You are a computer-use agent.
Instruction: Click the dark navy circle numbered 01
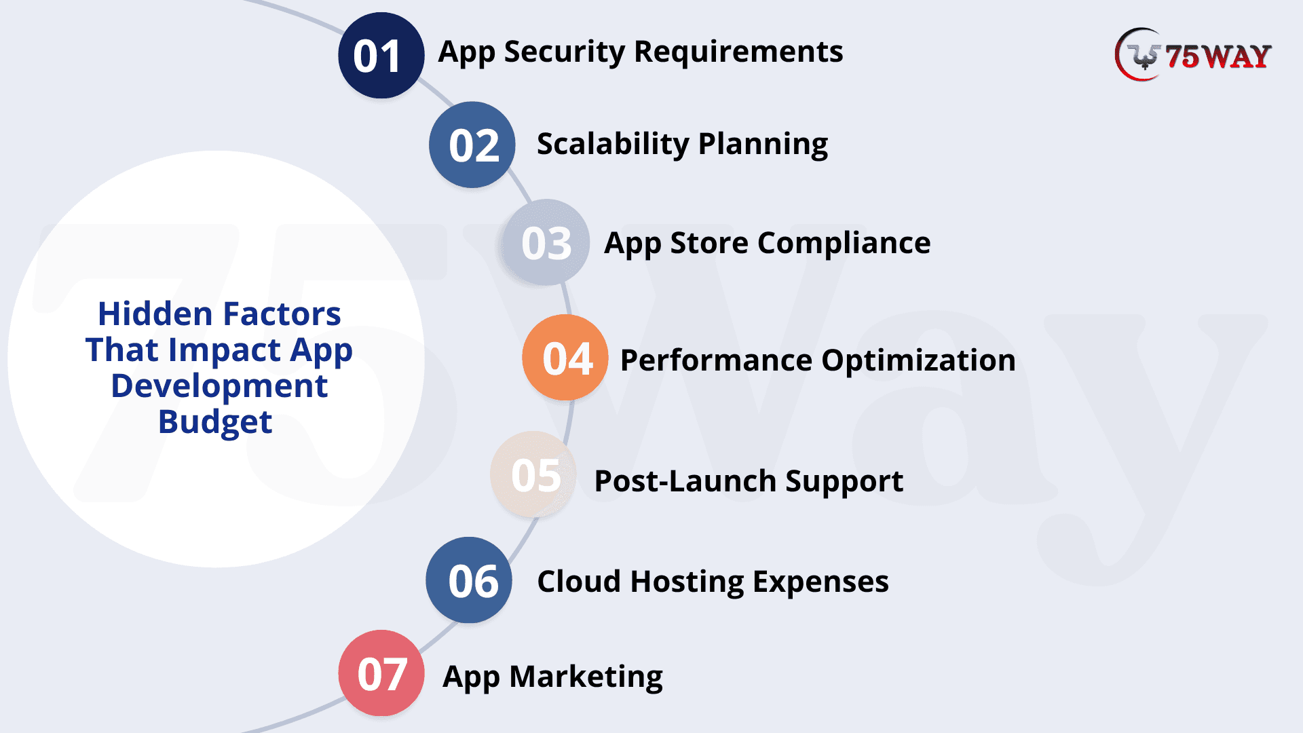381,55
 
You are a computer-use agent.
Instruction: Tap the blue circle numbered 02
472,145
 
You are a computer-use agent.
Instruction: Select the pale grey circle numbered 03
546,242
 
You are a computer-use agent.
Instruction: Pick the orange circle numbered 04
565,357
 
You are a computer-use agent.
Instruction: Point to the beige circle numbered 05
533,474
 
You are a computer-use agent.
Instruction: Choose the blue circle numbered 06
469,580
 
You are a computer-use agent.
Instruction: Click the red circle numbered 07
381,673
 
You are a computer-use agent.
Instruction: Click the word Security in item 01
565,53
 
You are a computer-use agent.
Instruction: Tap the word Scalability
613,145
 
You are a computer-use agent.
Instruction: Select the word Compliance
844,244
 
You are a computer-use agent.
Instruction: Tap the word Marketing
586,677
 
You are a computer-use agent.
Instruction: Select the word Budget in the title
215,423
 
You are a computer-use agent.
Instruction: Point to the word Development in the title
219,386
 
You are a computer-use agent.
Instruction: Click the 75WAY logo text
1218,57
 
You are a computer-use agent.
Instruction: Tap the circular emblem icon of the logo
1139,54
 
